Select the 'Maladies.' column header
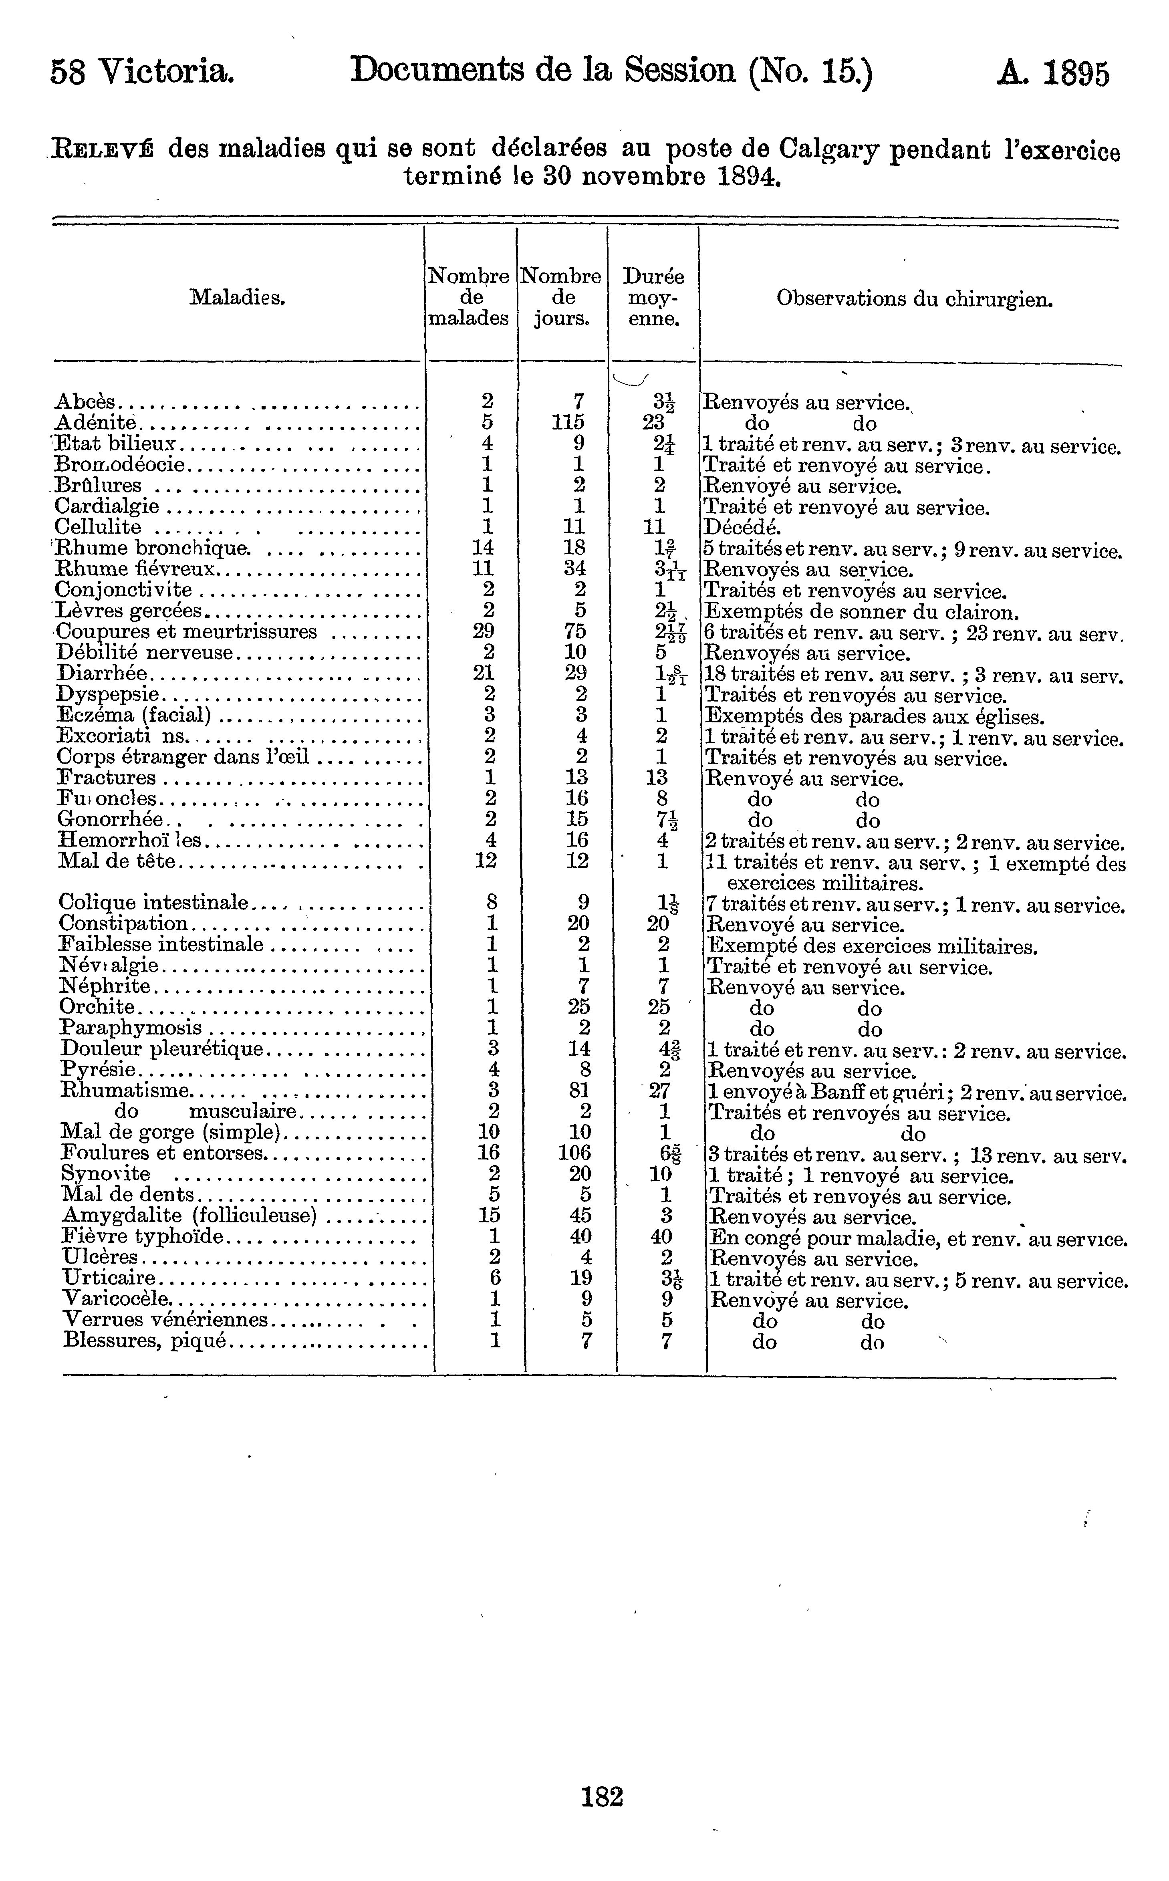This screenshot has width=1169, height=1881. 237,297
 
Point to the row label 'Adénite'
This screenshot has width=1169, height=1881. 96,422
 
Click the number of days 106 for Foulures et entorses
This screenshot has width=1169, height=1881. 574,1153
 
